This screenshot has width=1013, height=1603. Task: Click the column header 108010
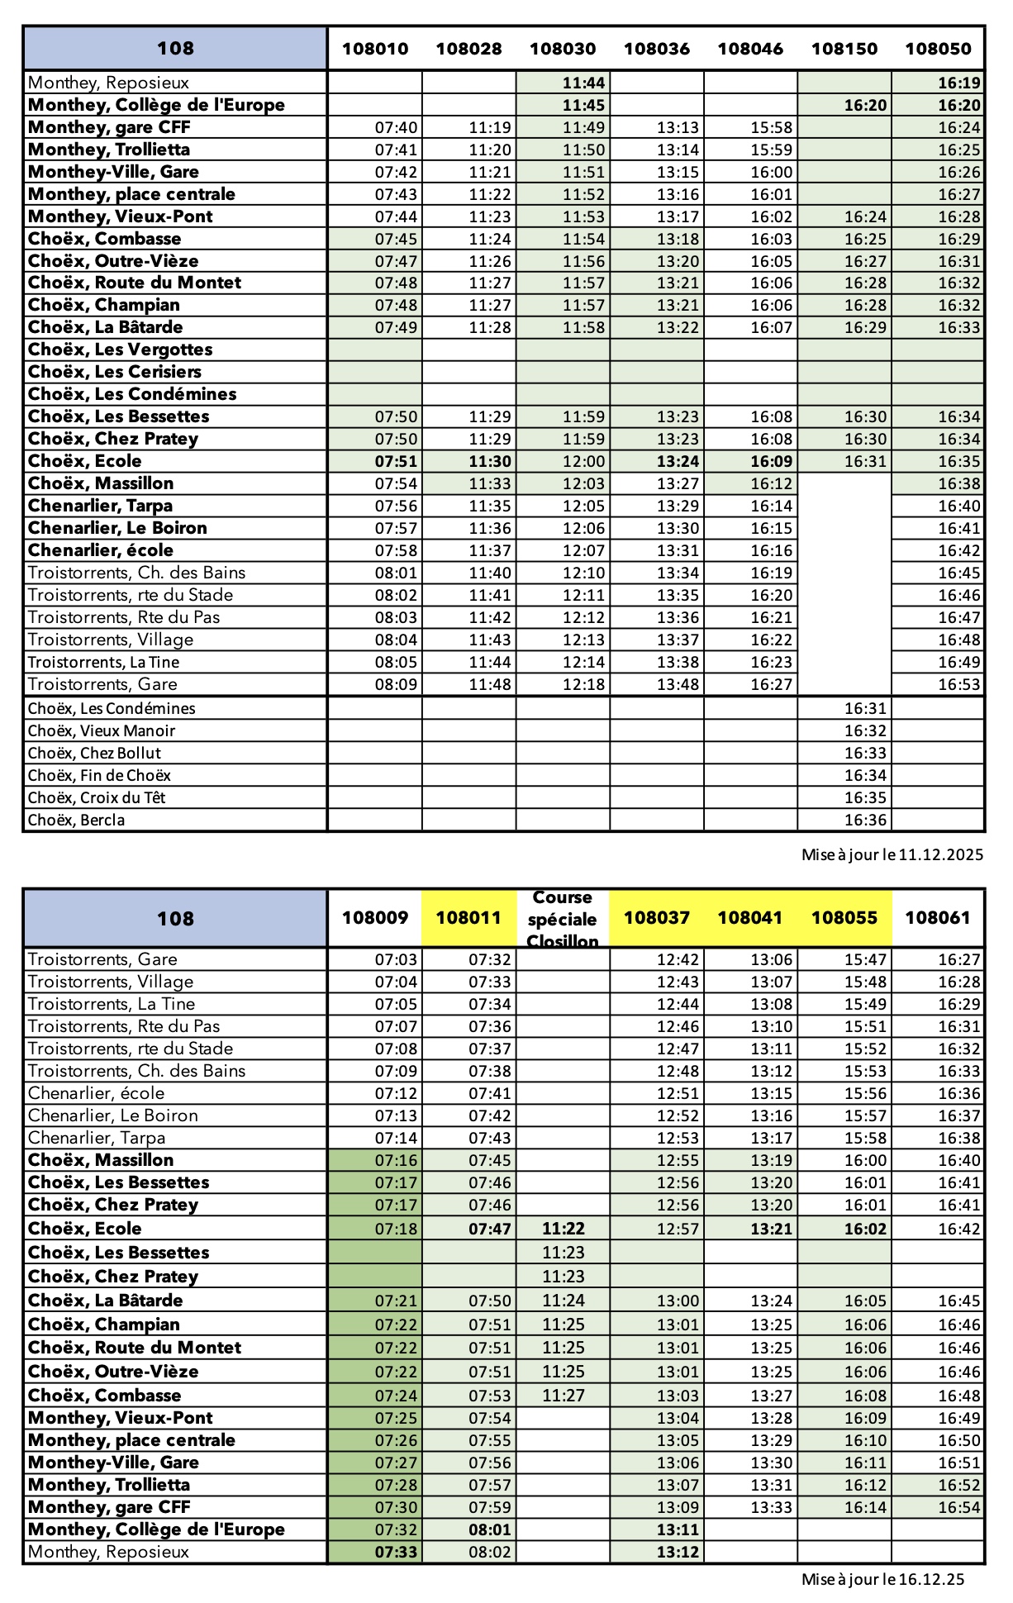375,49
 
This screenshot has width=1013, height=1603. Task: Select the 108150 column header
844,49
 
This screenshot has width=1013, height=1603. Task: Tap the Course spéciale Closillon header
562,919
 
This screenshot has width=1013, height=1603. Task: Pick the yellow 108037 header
656,918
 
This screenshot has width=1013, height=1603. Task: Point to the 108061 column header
938,918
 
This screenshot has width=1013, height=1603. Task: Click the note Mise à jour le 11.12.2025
892,855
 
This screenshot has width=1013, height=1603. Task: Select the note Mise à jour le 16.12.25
882,1580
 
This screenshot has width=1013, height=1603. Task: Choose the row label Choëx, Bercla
77,821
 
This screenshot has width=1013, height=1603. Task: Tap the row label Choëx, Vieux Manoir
102,731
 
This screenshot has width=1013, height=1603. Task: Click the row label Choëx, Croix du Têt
97,798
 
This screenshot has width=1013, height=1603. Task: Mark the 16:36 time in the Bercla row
865,821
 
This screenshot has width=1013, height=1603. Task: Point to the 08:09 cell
397,685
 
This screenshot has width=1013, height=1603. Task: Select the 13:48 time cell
678,685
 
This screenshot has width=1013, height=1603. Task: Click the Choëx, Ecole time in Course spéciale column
564,1229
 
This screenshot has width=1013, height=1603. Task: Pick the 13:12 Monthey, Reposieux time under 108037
678,1553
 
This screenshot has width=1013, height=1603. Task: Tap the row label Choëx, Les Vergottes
121,350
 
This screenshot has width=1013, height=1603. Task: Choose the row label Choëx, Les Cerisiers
115,372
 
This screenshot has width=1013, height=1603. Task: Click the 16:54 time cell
958,1508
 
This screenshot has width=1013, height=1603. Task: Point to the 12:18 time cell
583,685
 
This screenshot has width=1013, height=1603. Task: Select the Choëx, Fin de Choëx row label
99,776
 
